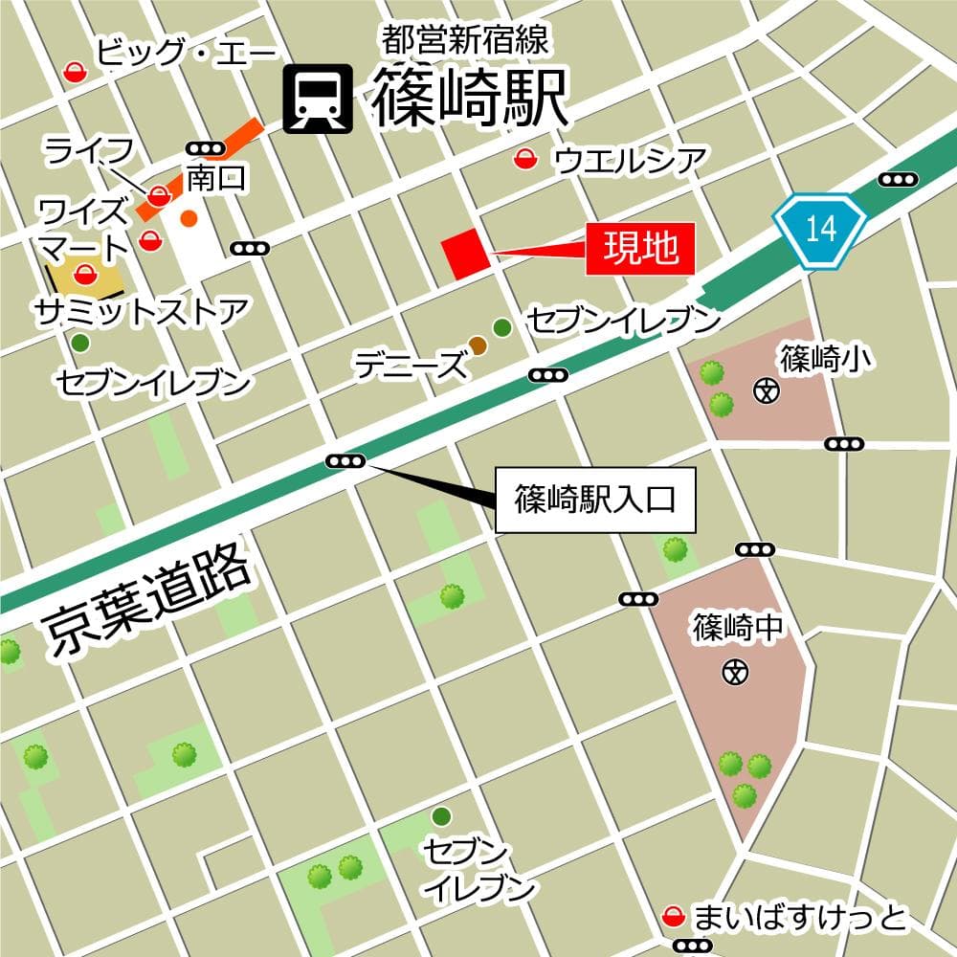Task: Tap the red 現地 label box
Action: click(639, 249)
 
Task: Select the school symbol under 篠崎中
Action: click(735, 672)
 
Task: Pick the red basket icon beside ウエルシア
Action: click(523, 160)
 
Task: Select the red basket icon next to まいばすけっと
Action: click(675, 918)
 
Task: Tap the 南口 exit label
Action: click(216, 176)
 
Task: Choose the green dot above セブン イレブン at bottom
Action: click(441, 816)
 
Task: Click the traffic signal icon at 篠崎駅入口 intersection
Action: click(345, 461)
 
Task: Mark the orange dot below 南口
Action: click(189, 218)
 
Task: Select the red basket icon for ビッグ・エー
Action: click(75, 71)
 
